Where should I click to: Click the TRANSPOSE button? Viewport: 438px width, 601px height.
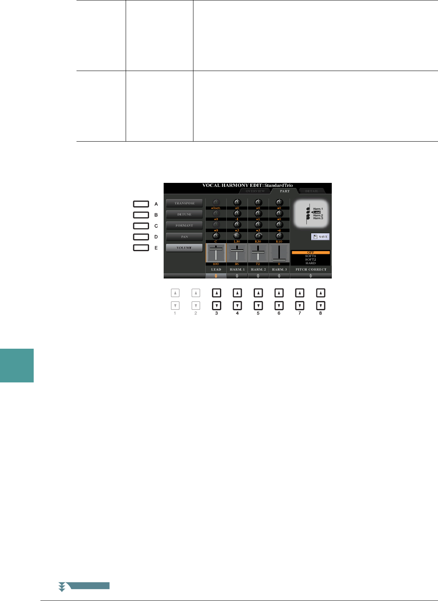pyautogui.click(x=184, y=203)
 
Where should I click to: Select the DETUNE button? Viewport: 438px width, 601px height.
pyautogui.click(x=184, y=214)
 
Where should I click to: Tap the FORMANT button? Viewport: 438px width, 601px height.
pyautogui.click(x=184, y=225)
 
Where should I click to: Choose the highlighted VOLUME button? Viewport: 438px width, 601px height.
pyautogui.click(x=184, y=248)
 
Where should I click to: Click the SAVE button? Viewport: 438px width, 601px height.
pyautogui.click(x=320, y=236)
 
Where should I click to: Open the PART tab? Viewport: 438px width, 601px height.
pyautogui.click(x=285, y=191)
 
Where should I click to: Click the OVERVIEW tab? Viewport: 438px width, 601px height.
pyautogui.click(x=255, y=191)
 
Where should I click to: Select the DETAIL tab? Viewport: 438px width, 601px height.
pyautogui.click(x=312, y=191)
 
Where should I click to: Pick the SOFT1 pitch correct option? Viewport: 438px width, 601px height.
pyautogui.click(x=311, y=256)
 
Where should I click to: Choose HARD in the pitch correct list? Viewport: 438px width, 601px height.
pyautogui.click(x=311, y=263)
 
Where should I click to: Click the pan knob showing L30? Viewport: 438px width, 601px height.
pyautogui.click(x=237, y=236)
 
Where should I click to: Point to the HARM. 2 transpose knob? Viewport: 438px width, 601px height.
pyautogui.click(x=258, y=203)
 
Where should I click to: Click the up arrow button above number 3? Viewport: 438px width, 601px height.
pyautogui.click(x=216, y=293)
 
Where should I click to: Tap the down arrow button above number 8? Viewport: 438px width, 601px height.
pyautogui.click(x=321, y=306)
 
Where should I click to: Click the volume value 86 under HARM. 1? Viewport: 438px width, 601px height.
pyautogui.click(x=237, y=264)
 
